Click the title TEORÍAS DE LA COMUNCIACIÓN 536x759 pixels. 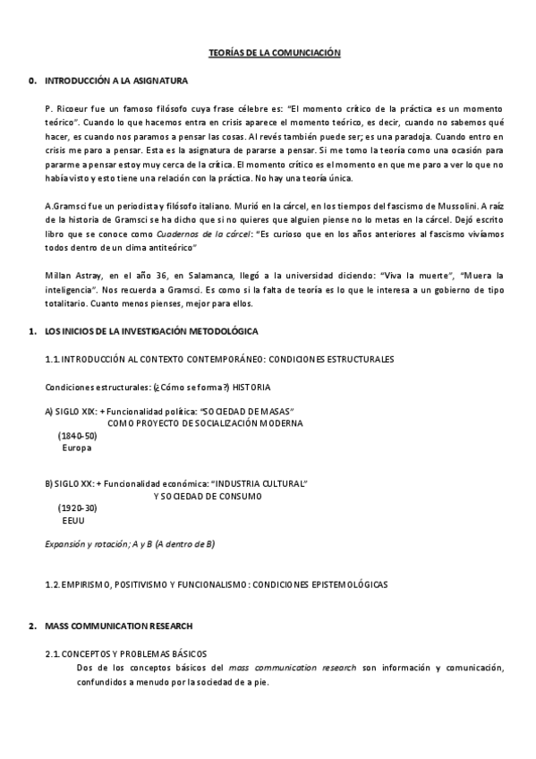tap(268, 54)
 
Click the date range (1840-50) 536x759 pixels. tap(77, 434)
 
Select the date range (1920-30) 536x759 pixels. tap(77, 507)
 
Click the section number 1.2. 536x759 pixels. tap(52, 584)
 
